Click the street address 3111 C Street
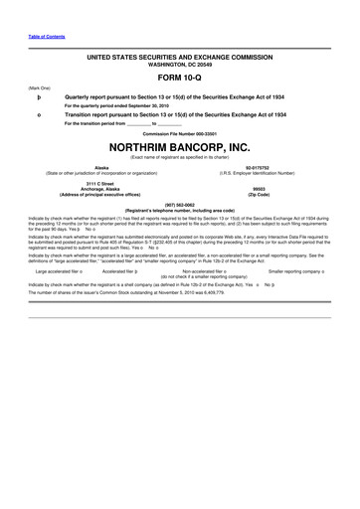101,183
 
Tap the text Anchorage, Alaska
101,188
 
